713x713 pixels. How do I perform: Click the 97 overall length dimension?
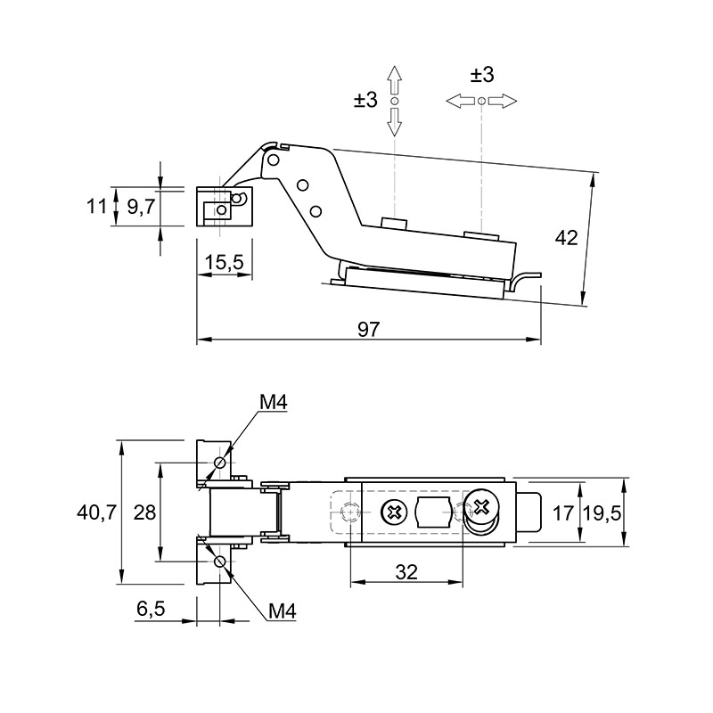pyautogui.click(x=368, y=329)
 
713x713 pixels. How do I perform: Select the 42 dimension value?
pyautogui.click(x=566, y=238)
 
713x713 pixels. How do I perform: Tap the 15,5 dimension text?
pyautogui.click(x=225, y=262)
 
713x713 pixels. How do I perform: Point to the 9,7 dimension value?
pyautogui.click(x=141, y=208)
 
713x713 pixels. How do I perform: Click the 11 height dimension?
pyautogui.click(x=96, y=207)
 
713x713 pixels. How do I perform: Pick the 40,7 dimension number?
pyautogui.click(x=96, y=512)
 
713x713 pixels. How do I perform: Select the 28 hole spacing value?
pyautogui.click(x=144, y=512)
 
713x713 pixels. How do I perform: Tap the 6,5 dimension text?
pyautogui.click(x=151, y=609)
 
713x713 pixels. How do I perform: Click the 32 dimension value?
pyautogui.click(x=406, y=572)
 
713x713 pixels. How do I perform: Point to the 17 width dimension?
pyautogui.click(x=562, y=513)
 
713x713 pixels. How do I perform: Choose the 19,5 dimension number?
pyautogui.click(x=602, y=513)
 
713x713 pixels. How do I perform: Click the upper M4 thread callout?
pyautogui.click(x=274, y=403)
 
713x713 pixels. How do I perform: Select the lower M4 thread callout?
pyautogui.click(x=283, y=611)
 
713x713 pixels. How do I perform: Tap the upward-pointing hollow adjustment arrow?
pyautogui.click(x=394, y=80)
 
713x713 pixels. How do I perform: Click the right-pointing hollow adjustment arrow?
pyautogui.click(x=503, y=101)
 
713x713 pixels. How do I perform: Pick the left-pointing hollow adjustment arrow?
pyautogui.click(x=461, y=101)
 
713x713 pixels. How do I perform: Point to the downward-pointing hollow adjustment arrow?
pyautogui.click(x=394, y=122)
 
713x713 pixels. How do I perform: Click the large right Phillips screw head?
pyautogui.click(x=481, y=506)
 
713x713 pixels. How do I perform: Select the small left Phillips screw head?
pyautogui.click(x=394, y=512)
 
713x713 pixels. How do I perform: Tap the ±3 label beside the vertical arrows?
pyautogui.click(x=365, y=99)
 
